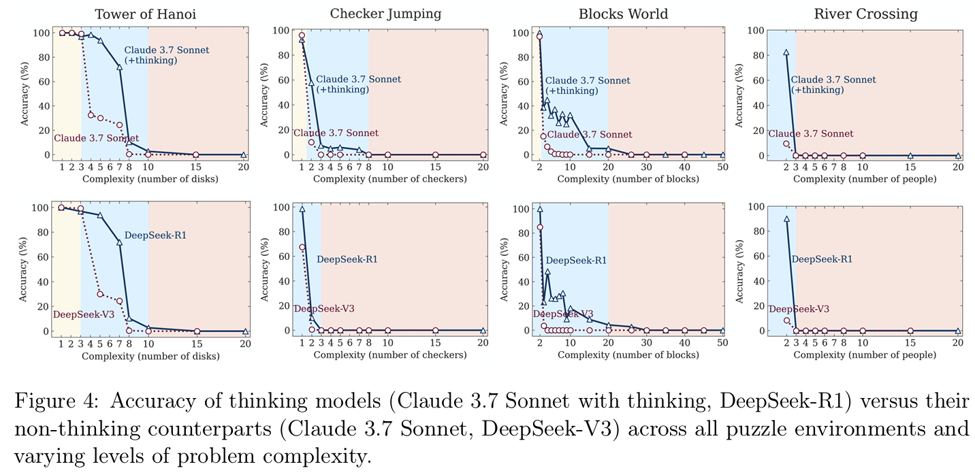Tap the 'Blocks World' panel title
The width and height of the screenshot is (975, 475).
tap(622, 14)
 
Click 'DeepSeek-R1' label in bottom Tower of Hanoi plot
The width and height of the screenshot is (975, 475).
tap(155, 235)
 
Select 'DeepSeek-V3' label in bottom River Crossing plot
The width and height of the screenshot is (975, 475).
tap(799, 309)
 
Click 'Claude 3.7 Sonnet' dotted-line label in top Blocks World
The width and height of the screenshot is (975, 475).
tap(590, 135)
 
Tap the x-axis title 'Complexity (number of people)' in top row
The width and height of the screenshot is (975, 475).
tap(865, 179)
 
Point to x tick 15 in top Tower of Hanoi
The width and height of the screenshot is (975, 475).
tap(196, 167)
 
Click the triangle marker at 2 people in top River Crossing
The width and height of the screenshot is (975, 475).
tap(786, 52)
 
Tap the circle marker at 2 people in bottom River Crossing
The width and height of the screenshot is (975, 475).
tap(786, 321)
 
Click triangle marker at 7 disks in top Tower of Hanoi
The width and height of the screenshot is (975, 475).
tap(119, 67)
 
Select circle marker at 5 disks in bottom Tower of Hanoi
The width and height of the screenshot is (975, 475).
tap(100, 294)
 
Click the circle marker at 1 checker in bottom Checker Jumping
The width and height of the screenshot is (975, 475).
tap(302, 248)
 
